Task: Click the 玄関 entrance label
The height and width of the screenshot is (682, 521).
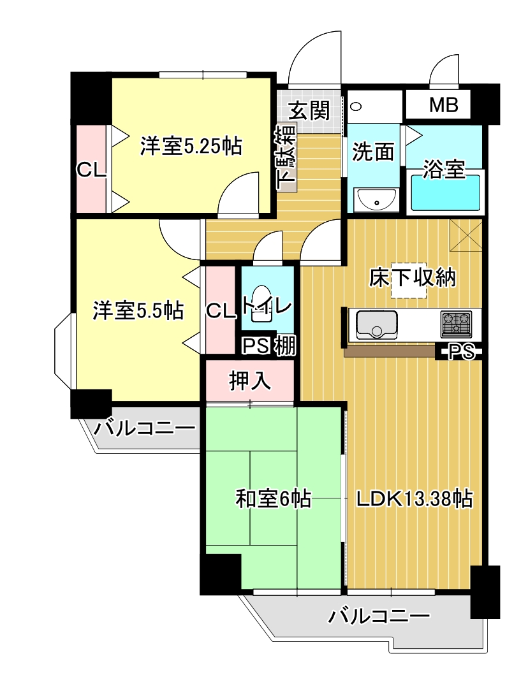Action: click(309, 110)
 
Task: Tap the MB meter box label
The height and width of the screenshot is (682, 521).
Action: click(444, 105)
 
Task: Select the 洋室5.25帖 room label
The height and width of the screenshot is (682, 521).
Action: click(191, 146)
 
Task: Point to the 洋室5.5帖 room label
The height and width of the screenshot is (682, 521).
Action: click(138, 310)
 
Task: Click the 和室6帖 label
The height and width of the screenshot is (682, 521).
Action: click(274, 498)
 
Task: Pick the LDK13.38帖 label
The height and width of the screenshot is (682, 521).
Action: click(415, 498)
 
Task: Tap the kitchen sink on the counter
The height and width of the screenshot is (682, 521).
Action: click(376, 324)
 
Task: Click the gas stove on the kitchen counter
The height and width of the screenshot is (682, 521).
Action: click(456, 324)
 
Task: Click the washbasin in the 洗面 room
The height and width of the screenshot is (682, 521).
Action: click(376, 200)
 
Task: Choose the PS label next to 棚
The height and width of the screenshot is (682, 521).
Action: click(256, 346)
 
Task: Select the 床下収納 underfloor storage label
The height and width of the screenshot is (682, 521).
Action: click(412, 277)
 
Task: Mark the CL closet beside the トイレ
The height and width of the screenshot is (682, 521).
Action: click(221, 310)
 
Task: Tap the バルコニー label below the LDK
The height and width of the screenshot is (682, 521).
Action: click(379, 616)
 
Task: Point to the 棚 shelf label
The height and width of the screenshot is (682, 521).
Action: click(285, 346)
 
